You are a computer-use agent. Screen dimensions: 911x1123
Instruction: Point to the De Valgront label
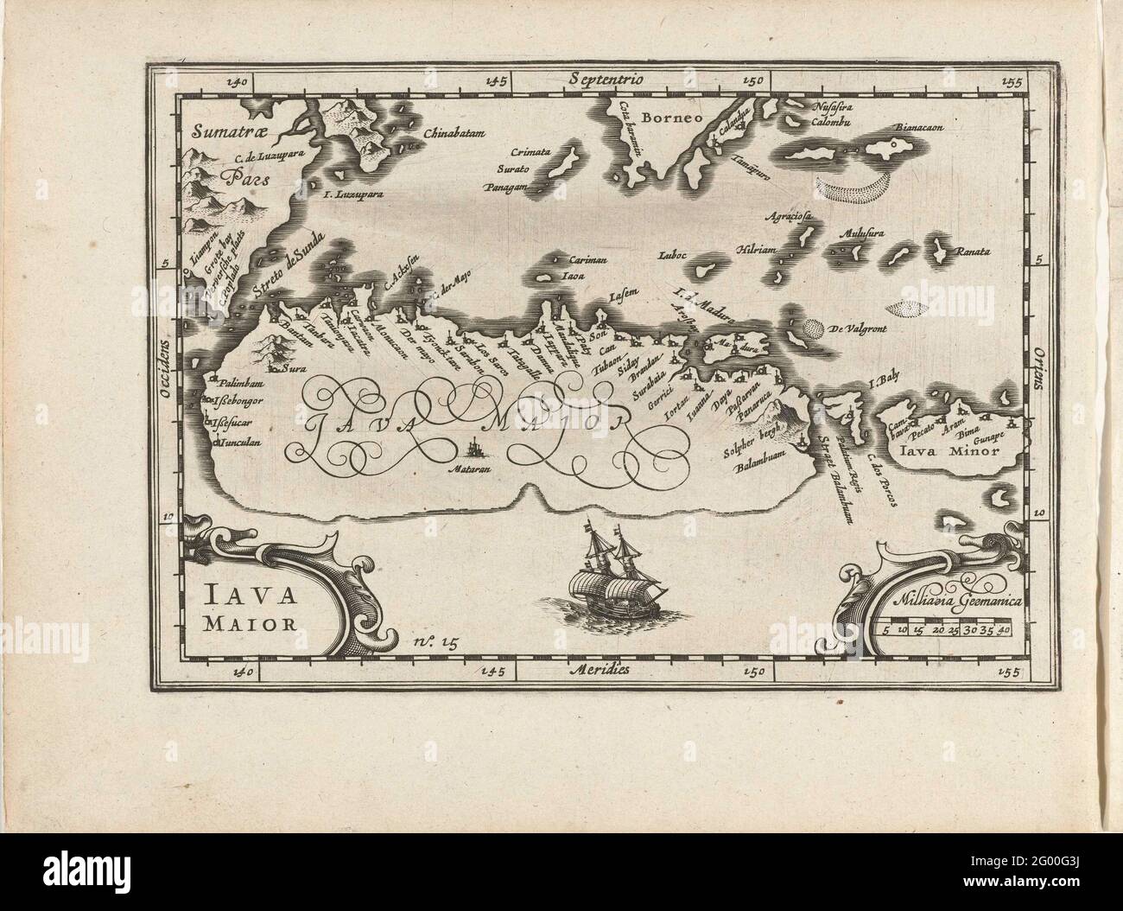pos(861,329)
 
